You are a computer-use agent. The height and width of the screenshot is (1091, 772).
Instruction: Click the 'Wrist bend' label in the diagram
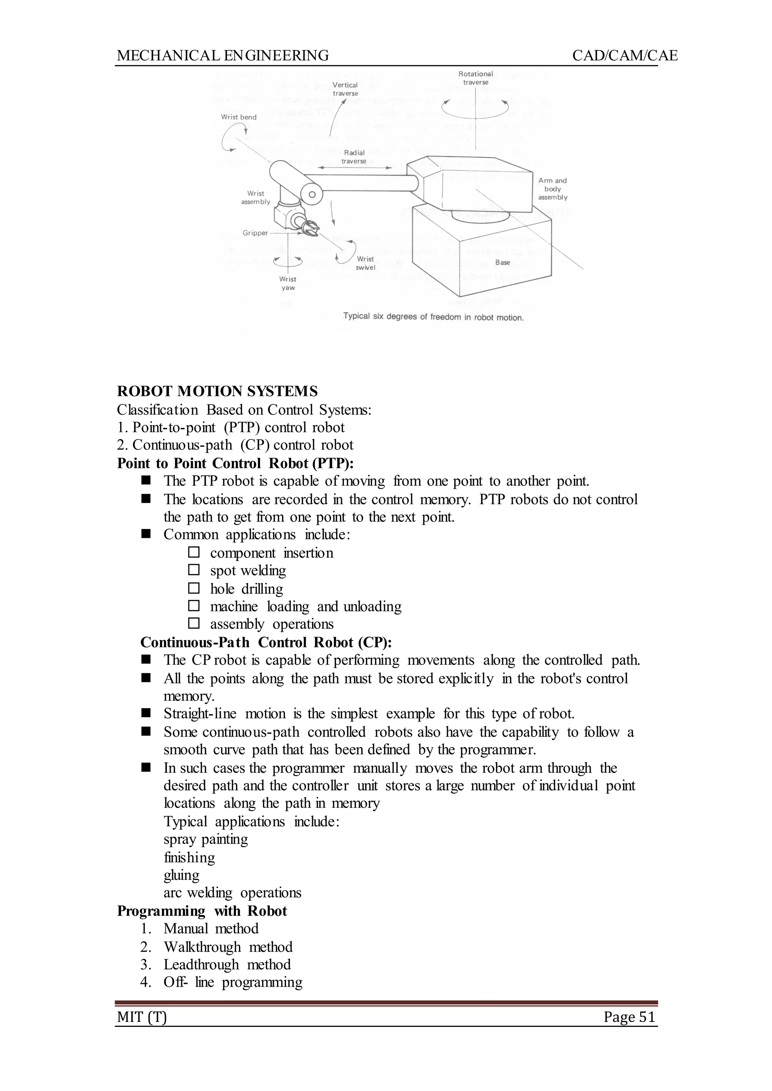239,117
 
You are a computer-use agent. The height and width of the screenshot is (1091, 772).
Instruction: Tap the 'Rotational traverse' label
475,78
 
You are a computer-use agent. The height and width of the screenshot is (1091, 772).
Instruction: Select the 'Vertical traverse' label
345,89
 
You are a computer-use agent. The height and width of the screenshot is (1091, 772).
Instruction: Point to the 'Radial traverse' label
354,157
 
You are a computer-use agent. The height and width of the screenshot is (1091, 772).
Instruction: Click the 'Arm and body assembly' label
552,189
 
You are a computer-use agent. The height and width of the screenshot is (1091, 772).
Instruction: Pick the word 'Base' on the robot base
502,262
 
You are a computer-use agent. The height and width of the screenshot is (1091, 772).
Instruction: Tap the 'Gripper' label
255,233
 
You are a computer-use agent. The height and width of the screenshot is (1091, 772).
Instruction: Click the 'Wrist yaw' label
288,283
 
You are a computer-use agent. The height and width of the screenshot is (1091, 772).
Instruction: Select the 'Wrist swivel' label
365,263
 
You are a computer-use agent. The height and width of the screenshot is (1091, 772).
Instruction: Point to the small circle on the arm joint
312,195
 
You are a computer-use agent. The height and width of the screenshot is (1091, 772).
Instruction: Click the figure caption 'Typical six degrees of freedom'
433,317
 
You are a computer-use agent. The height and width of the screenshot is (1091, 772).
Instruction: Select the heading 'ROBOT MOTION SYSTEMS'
217,391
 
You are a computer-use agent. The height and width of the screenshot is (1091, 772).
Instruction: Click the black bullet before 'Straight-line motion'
146,713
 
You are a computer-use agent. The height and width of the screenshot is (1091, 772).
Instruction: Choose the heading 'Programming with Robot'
202,911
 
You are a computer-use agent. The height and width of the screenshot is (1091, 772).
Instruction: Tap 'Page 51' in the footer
630,1017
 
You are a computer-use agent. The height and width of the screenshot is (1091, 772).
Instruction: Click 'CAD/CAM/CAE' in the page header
625,56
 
